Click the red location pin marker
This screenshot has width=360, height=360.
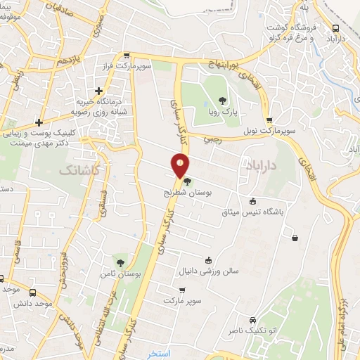click(180, 165)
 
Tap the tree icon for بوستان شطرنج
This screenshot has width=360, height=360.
click(187, 182)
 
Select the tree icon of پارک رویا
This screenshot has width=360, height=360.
click(223, 101)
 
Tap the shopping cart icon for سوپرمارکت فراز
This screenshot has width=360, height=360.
click(126, 56)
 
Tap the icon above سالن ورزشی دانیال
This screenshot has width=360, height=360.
click(207, 259)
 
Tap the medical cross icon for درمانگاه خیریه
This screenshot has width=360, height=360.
click(98, 91)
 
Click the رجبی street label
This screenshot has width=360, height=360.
click(212, 139)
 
